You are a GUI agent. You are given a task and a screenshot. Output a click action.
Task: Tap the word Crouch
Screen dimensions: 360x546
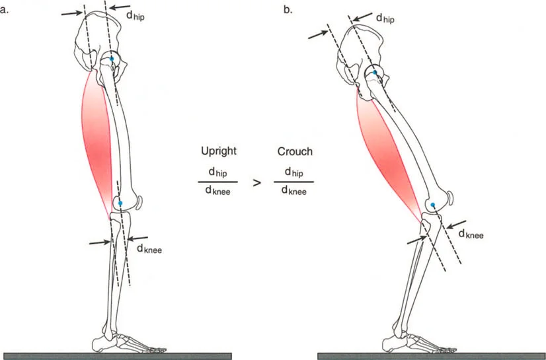294,151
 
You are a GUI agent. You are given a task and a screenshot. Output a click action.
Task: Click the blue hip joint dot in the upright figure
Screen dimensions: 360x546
112,59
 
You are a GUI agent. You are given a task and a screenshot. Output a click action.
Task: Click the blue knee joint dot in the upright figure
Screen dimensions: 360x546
120,203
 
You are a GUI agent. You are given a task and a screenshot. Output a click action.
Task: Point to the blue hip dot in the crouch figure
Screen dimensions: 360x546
375,73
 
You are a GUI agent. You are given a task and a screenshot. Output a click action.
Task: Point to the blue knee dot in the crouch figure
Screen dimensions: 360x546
432,205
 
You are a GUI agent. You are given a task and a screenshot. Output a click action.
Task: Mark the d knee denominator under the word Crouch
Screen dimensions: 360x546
294,192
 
